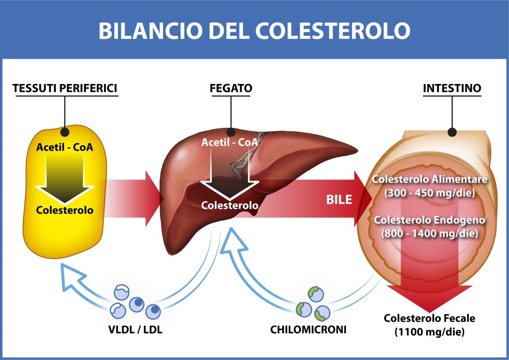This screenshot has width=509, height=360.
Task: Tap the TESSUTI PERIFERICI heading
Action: tap(65, 89)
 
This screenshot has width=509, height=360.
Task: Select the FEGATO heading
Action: tap(231, 89)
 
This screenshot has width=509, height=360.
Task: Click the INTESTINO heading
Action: tap(452, 89)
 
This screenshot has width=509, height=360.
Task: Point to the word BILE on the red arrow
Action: tap(339, 200)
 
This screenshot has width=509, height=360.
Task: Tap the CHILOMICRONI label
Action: tap(308, 329)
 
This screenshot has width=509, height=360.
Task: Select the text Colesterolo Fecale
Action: tap(429, 318)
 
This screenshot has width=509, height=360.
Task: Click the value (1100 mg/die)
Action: tap(429, 332)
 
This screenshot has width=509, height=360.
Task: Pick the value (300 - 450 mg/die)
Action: tap(430, 192)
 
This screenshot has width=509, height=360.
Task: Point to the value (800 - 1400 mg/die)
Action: tap(430, 232)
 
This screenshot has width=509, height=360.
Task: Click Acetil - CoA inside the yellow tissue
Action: tap(65, 147)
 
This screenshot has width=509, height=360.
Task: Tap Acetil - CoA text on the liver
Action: tap(230, 142)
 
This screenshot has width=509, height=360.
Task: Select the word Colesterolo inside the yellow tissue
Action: tap(65, 210)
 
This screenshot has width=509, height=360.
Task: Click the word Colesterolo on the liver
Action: tap(230, 205)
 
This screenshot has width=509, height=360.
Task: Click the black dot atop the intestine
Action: tap(452, 132)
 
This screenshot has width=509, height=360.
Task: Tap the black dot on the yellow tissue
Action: tap(65, 132)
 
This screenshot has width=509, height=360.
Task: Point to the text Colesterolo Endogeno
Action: tap(430, 219)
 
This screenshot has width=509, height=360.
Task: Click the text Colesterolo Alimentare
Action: tap(430, 179)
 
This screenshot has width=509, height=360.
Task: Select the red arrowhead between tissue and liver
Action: tap(153, 197)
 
